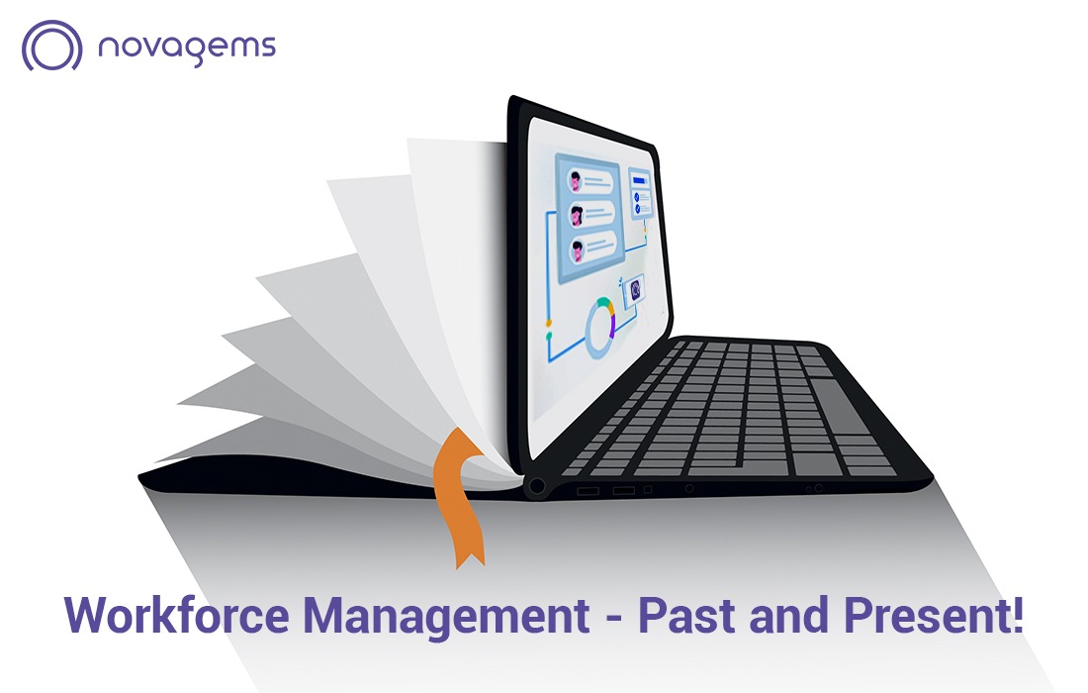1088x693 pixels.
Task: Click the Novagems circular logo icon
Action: tap(51, 46)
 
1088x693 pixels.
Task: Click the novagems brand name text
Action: tap(187, 47)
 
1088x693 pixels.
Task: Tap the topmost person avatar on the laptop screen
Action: tap(576, 181)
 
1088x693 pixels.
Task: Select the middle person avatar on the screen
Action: tap(576, 214)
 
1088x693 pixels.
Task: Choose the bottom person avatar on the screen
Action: tap(576, 248)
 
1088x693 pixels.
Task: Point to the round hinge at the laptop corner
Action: tap(538, 486)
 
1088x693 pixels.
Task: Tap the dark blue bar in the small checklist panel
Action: tap(639, 181)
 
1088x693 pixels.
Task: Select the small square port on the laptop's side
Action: tap(648, 489)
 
